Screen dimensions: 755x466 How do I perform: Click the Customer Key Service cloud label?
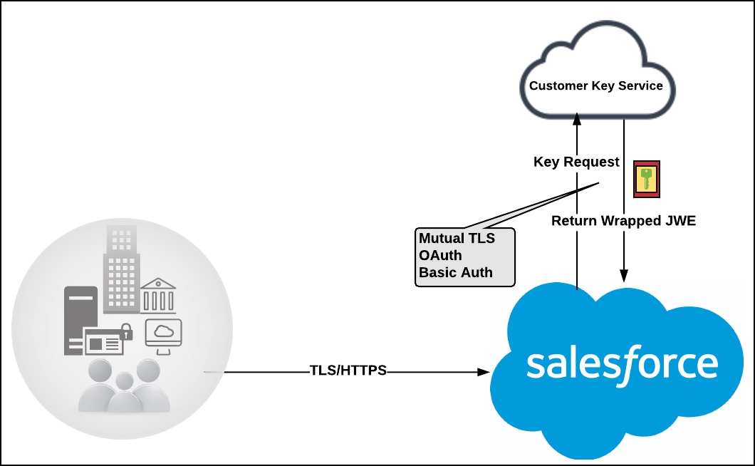[596, 86]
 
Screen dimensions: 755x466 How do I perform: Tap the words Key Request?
[576, 162]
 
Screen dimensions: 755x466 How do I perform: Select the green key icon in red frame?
[647, 180]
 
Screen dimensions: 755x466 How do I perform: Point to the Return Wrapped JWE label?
[623, 221]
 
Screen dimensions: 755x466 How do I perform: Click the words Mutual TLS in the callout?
[457, 238]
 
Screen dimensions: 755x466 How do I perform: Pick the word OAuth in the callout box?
[440, 255]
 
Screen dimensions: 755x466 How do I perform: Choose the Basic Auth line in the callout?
[456, 272]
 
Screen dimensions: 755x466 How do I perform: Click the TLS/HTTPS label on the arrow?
[348, 370]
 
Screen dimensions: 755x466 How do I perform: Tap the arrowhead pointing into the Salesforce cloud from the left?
[484, 372]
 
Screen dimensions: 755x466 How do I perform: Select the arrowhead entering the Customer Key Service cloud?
[577, 118]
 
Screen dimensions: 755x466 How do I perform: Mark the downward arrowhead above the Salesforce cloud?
[624, 276]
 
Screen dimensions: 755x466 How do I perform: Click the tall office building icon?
[122, 269]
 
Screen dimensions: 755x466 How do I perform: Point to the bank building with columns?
[158, 296]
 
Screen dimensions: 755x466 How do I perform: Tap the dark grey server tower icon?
[80, 321]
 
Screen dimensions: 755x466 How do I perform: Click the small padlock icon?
[126, 331]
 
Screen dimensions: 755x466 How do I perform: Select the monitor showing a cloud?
[164, 336]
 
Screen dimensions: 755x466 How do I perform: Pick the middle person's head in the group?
[124, 380]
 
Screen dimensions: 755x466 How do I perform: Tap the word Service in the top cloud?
[640, 86]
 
